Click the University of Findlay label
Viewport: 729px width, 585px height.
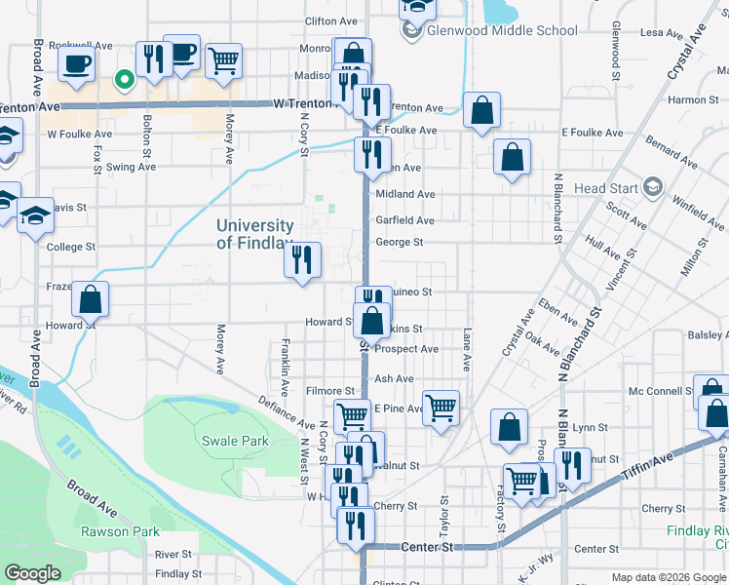254,234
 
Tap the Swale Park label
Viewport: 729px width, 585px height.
235,441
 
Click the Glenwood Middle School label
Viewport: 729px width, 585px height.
503,30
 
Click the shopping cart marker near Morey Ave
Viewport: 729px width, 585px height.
224,62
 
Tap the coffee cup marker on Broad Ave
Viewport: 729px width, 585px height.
77,64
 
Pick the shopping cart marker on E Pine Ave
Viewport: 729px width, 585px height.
441,408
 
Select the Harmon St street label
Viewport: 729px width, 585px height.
693,99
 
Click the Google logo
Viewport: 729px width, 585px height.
32,573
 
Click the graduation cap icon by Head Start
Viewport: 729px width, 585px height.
652,187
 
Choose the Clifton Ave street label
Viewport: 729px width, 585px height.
326,20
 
